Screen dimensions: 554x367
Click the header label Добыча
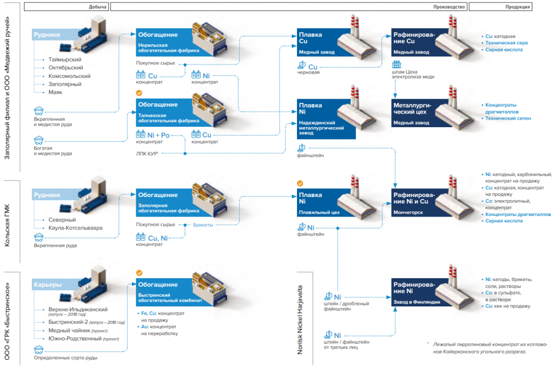point(98,7)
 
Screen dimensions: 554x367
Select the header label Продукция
point(518,7)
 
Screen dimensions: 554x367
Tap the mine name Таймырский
point(65,60)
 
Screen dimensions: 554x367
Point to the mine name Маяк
point(56,92)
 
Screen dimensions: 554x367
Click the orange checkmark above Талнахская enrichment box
point(139,93)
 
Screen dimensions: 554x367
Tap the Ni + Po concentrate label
point(159,135)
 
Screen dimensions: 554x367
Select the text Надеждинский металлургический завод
point(321,128)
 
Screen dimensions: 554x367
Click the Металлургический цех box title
point(412,109)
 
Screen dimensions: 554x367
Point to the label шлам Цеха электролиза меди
point(413,74)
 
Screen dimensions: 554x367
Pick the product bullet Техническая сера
point(506,43)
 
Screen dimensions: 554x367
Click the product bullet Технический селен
point(508,119)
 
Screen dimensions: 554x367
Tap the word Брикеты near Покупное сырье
point(203,225)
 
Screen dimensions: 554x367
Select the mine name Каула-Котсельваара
point(76,228)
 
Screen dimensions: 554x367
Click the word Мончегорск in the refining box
point(408,213)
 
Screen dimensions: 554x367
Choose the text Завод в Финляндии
point(417,302)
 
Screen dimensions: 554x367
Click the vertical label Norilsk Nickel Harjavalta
point(300,319)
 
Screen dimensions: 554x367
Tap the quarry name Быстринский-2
point(68,322)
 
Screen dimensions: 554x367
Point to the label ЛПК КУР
point(147,154)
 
